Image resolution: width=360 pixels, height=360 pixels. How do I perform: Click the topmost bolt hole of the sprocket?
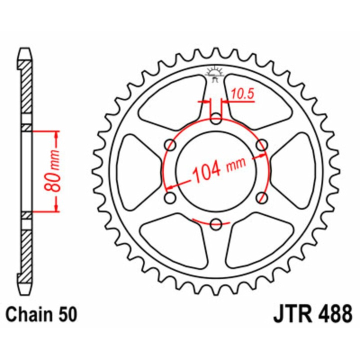pyautogui.click(x=216, y=119)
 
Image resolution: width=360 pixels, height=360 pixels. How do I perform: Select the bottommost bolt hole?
pyautogui.click(x=216, y=223)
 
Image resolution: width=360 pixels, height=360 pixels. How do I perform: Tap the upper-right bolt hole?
pyautogui.click(x=261, y=145)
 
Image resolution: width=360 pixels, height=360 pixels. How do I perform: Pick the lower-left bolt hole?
pyautogui.click(x=171, y=197)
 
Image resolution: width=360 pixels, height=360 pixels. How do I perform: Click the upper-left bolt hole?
pyautogui.click(x=171, y=145)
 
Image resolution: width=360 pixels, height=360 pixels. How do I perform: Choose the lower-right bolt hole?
pyautogui.click(x=261, y=197)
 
